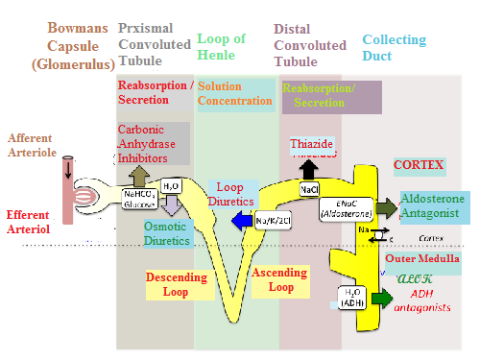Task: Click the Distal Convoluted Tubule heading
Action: [310, 45]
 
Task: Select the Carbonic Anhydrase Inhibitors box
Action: [153, 143]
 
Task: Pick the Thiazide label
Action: [311, 144]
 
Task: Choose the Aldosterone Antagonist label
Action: [433, 205]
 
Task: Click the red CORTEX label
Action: [419, 165]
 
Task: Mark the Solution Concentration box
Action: [234, 94]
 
